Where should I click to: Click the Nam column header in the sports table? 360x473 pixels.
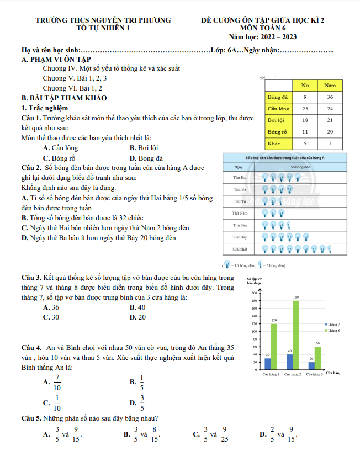tap(330, 86)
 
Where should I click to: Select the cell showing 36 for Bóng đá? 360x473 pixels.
tap(330, 97)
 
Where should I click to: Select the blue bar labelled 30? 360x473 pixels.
tap(268, 364)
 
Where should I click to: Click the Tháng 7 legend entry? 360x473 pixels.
tap(333, 324)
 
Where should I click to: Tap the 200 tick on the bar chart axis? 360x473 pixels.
tap(254, 293)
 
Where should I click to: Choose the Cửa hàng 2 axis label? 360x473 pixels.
tap(292, 374)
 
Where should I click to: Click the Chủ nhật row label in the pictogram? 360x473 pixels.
tap(239, 249)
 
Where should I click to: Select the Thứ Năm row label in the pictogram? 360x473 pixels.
tap(239, 212)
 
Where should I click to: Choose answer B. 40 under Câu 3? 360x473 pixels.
tap(137, 307)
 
